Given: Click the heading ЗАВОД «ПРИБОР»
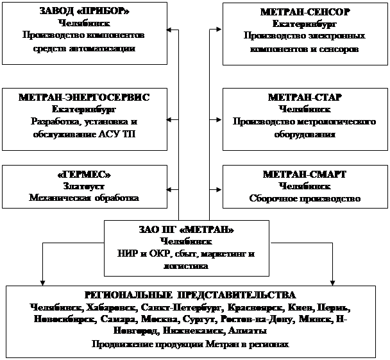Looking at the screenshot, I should (x=84, y=13).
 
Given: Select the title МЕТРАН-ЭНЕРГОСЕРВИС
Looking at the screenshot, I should (x=84, y=97).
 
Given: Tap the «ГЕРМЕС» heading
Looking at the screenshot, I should (x=84, y=175).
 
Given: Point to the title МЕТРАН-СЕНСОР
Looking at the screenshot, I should (x=305, y=13).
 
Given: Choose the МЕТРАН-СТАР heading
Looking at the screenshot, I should (x=305, y=97).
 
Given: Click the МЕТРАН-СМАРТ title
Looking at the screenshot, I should (x=305, y=175).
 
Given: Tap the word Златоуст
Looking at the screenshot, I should (x=84, y=186).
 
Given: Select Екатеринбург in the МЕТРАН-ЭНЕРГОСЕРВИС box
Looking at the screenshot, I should (x=84, y=109).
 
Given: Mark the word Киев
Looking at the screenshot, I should (x=289, y=307).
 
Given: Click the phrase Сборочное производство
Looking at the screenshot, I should (x=305, y=198).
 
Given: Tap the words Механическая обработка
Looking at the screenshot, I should (x=84, y=198).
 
